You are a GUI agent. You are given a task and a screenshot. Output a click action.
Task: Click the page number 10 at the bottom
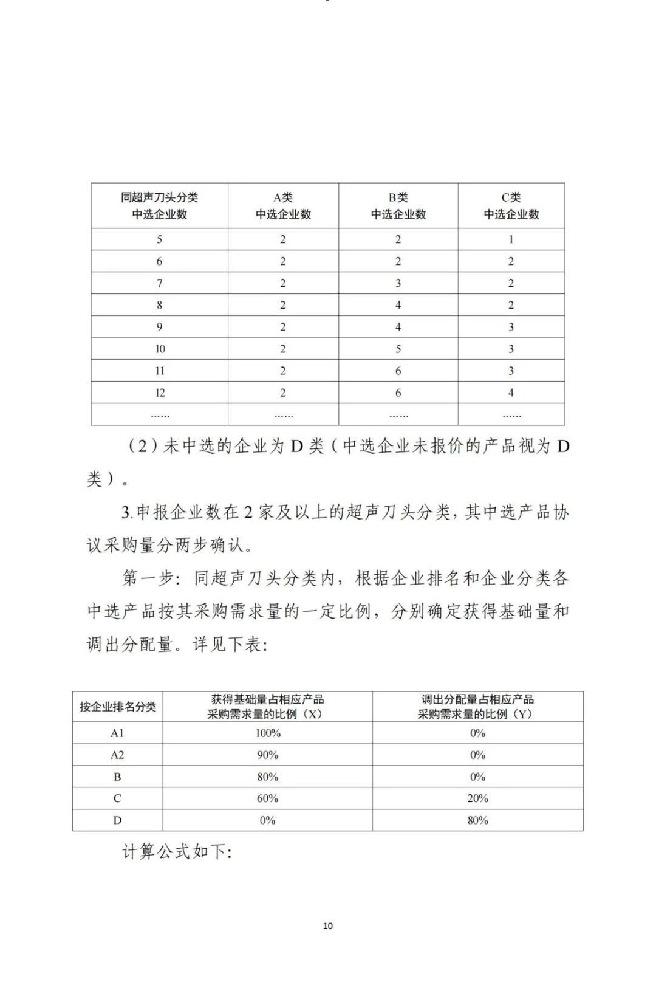click(x=328, y=925)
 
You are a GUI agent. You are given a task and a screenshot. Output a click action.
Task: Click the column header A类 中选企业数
click(x=283, y=206)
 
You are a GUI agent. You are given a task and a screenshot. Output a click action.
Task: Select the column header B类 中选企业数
click(x=398, y=206)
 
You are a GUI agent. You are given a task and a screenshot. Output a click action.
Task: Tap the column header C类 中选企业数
click(x=511, y=206)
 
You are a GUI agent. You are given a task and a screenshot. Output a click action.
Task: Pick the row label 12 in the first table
click(x=160, y=393)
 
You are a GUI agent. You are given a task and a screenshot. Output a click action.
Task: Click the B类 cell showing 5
click(x=398, y=349)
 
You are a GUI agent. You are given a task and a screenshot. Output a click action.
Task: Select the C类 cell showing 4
click(x=511, y=393)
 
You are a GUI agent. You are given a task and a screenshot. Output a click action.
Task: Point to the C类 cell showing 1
click(x=511, y=239)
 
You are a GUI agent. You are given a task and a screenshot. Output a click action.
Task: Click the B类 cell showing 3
click(x=398, y=283)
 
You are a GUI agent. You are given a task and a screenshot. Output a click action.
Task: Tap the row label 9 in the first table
click(x=160, y=327)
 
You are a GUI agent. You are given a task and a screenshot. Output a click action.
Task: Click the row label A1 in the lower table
click(x=117, y=733)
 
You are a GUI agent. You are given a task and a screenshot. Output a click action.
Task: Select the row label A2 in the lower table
click(x=117, y=755)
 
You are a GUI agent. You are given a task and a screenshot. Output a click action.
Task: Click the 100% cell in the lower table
click(x=267, y=733)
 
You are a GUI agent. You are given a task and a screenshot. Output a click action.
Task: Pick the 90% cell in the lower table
click(x=267, y=755)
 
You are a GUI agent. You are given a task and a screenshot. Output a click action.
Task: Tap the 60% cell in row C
click(x=267, y=798)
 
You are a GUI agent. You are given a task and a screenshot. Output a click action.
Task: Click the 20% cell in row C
click(x=477, y=798)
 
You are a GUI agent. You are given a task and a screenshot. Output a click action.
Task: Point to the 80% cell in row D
click(x=477, y=820)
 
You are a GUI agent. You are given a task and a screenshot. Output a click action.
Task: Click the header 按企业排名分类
click(x=118, y=707)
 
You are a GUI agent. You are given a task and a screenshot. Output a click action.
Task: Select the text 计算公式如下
click(x=176, y=852)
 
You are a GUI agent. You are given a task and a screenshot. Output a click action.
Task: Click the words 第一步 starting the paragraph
click(x=149, y=578)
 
